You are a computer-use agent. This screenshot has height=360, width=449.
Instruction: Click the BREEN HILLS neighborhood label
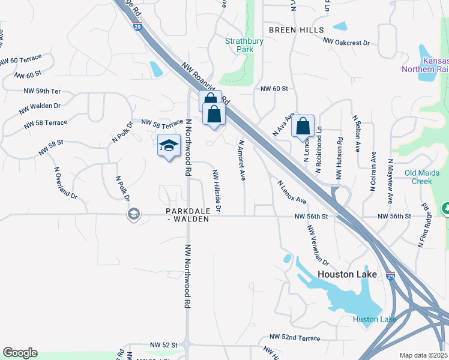[x=297, y=30]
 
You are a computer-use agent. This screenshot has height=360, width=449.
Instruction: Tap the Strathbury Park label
[x=240, y=46]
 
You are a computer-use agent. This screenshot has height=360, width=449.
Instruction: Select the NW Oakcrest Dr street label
[x=346, y=42]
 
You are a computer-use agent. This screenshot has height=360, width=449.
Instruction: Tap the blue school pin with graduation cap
[x=169, y=146]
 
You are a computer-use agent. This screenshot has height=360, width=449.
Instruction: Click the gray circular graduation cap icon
[x=133, y=214]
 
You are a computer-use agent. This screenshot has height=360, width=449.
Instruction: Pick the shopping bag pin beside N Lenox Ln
[x=304, y=127]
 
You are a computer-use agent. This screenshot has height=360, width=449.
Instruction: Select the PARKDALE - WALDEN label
[x=188, y=215]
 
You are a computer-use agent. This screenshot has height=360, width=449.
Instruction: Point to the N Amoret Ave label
[x=242, y=161]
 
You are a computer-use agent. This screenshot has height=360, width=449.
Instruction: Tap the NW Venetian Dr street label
[x=318, y=245]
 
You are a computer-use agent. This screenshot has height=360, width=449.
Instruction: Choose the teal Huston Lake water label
[x=375, y=319]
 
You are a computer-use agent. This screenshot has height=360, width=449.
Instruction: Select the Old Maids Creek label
[x=426, y=177]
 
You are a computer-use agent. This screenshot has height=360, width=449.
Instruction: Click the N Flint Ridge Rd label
[x=424, y=226]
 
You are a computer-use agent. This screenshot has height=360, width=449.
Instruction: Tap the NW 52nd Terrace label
[x=295, y=338]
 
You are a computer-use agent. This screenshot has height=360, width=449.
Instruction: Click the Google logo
[x=20, y=353]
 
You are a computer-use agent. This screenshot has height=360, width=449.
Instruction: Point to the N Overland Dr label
[x=65, y=183]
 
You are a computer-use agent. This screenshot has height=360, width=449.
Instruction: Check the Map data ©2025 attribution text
[x=424, y=355]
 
